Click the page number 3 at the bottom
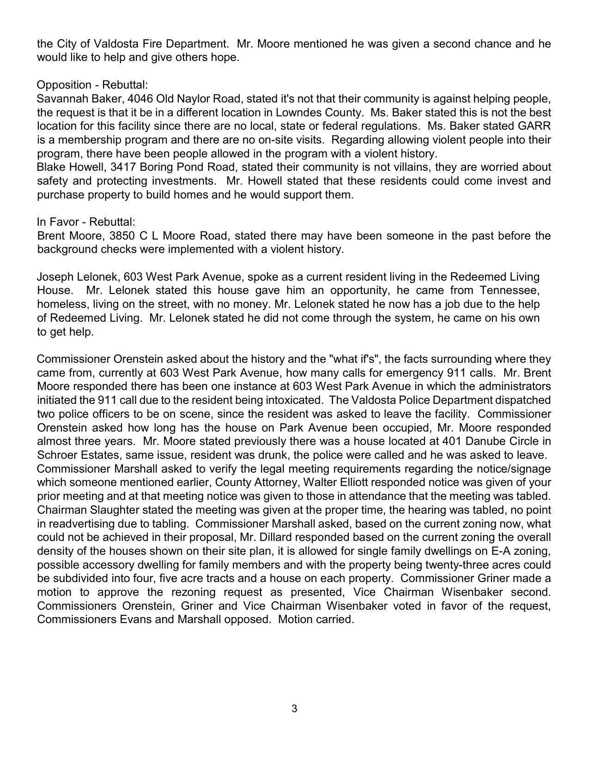pyautogui.click(x=294, y=708)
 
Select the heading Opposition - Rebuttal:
pyautogui.click(x=92, y=85)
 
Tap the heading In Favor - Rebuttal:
pyautogui.click(x=86, y=222)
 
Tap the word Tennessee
pyautogui.click(x=510, y=291)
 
